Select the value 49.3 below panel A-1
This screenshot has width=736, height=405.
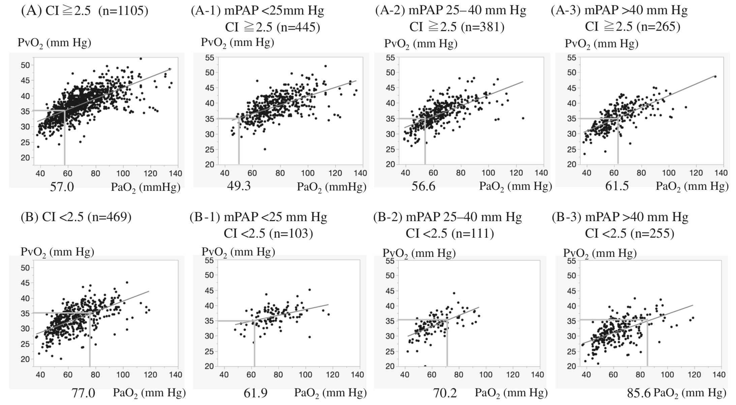click(x=239, y=186)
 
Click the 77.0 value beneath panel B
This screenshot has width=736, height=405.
click(x=83, y=393)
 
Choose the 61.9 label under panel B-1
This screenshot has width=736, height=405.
click(x=256, y=393)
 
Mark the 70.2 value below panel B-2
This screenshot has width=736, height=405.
click(x=445, y=393)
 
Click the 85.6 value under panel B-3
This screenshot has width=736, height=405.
click(x=639, y=393)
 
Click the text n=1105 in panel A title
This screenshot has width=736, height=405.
click(x=123, y=11)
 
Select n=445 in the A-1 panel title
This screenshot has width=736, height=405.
click(x=298, y=27)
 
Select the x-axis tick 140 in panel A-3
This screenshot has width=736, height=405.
click(x=721, y=173)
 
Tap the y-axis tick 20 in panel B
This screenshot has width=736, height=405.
click(x=26, y=359)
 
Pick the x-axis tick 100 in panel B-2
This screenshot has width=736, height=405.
click(x=486, y=375)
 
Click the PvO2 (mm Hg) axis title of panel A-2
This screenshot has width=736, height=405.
click(x=421, y=44)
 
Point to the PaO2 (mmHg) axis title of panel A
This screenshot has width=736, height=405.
click(x=146, y=188)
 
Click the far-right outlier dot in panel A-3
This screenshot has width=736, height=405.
click(x=715, y=76)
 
